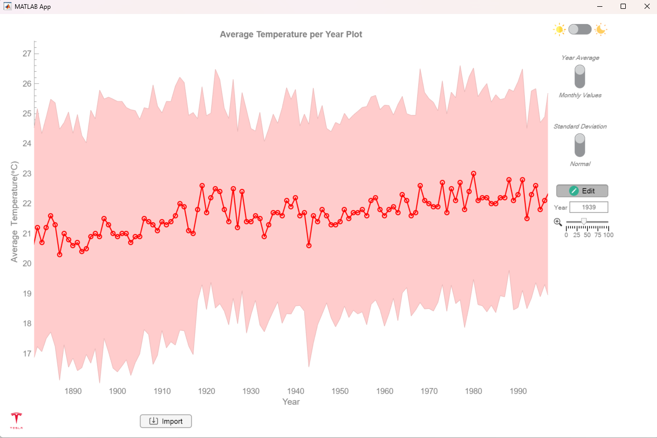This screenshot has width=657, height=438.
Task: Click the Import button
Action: click(166, 421)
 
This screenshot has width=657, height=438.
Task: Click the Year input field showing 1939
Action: click(589, 208)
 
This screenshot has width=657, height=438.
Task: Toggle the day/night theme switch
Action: click(580, 29)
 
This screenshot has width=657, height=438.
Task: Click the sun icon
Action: click(559, 29)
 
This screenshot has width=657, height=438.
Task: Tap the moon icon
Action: click(601, 29)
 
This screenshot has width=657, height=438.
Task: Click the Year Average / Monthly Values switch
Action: click(579, 76)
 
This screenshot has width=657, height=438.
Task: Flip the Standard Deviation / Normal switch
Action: click(579, 145)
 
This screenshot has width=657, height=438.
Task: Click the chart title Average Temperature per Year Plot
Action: click(291, 34)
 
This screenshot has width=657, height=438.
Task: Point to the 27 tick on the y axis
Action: click(27, 54)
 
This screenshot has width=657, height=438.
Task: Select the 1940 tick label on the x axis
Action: click(295, 391)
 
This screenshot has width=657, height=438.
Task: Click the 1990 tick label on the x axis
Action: click(518, 391)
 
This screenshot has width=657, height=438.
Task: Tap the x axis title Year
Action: click(291, 402)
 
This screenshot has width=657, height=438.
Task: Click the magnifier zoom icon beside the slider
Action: click(558, 222)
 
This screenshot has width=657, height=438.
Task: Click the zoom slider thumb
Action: click(584, 222)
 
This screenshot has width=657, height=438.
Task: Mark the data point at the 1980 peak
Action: click(473, 174)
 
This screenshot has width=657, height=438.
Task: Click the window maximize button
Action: click(623, 7)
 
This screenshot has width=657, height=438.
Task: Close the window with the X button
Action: click(647, 7)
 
